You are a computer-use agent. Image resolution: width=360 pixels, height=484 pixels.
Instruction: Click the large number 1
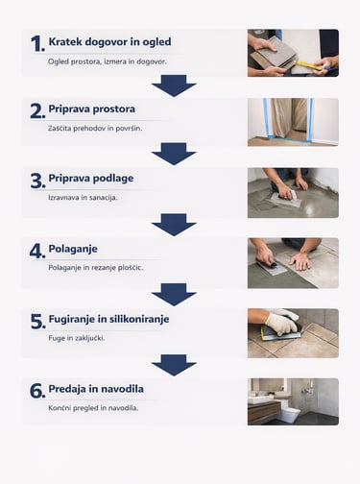coord(37,43)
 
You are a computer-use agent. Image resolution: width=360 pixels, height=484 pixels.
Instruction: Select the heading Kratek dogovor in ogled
coord(109,41)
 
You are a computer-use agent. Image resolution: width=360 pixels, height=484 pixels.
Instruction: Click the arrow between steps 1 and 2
coord(174,85)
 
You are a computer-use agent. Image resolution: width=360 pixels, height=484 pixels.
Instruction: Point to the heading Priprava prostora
coord(92,109)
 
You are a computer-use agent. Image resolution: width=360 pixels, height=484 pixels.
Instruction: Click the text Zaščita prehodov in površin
coord(95,129)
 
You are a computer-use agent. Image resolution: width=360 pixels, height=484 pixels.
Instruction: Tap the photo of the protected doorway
coord(293,122)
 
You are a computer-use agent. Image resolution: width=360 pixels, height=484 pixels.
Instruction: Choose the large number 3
coord(37,181)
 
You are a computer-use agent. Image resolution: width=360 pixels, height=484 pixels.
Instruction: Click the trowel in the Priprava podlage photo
coord(286,199)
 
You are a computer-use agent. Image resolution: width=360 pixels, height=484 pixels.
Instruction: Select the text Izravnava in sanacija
coord(83,198)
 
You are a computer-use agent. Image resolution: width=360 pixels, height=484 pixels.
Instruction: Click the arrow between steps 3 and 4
coord(174,225)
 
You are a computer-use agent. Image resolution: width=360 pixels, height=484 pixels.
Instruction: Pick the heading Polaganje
coord(73,249)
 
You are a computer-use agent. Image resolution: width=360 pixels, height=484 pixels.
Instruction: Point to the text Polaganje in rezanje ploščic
coord(96,268)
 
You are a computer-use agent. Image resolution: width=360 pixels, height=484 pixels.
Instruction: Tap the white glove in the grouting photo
coord(281,323)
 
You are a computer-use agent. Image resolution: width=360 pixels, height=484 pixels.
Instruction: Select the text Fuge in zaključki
coord(77,338)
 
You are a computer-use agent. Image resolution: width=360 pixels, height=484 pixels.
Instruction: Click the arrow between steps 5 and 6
coord(174,365)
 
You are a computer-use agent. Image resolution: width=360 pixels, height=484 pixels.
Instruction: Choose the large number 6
coord(37,391)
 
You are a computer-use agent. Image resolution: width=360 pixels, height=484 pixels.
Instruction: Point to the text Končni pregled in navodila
coord(93,408)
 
